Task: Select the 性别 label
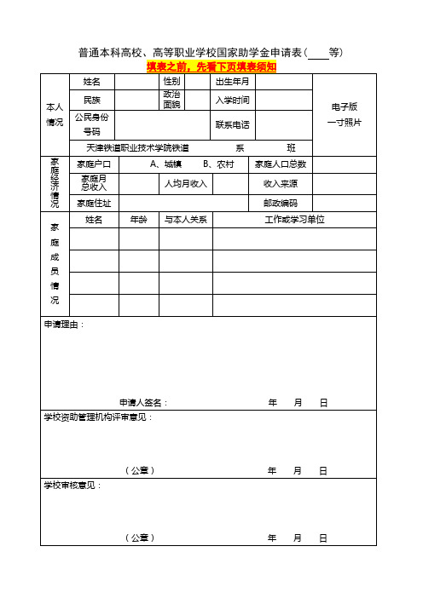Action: pyautogui.click(x=171, y=82)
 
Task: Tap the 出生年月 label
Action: pyautogui.click(x=232, y=82)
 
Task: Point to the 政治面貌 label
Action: pyautogui.click(x=171, y=100)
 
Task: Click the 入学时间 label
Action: pyautogui.click(x=232, y=101)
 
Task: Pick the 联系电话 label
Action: pyautogui.click(x=232, y=125)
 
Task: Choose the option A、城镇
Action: pyautogui.click(x=165, y=164)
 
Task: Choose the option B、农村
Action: pyautogui.click(x=218, y=164)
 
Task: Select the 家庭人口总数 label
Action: pyautogui.click(x=281, y=164)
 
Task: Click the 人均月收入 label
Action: pyautogui.click(x=186, y=183)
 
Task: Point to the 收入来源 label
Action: pyautogui.click(x=281, y=183)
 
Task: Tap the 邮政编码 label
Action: pyautogui.click(x=281, y=203)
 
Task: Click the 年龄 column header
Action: pyautogui.click(x=138, y=220)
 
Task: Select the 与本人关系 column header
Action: pyautogui.click(x=186, y=220)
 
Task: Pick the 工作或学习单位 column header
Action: pyautogui.click(x=296, y=220)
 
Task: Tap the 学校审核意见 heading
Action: pyautogui.click(x=72, y=485)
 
